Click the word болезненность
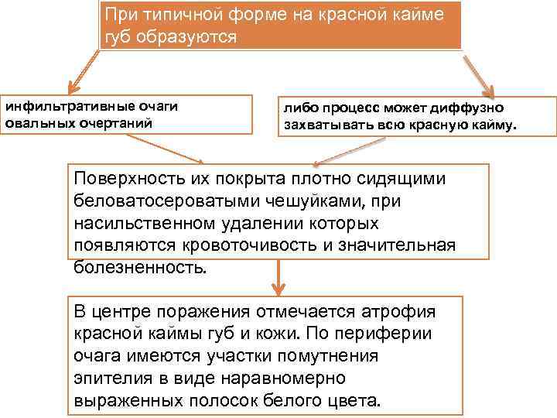[x=140, y=268]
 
